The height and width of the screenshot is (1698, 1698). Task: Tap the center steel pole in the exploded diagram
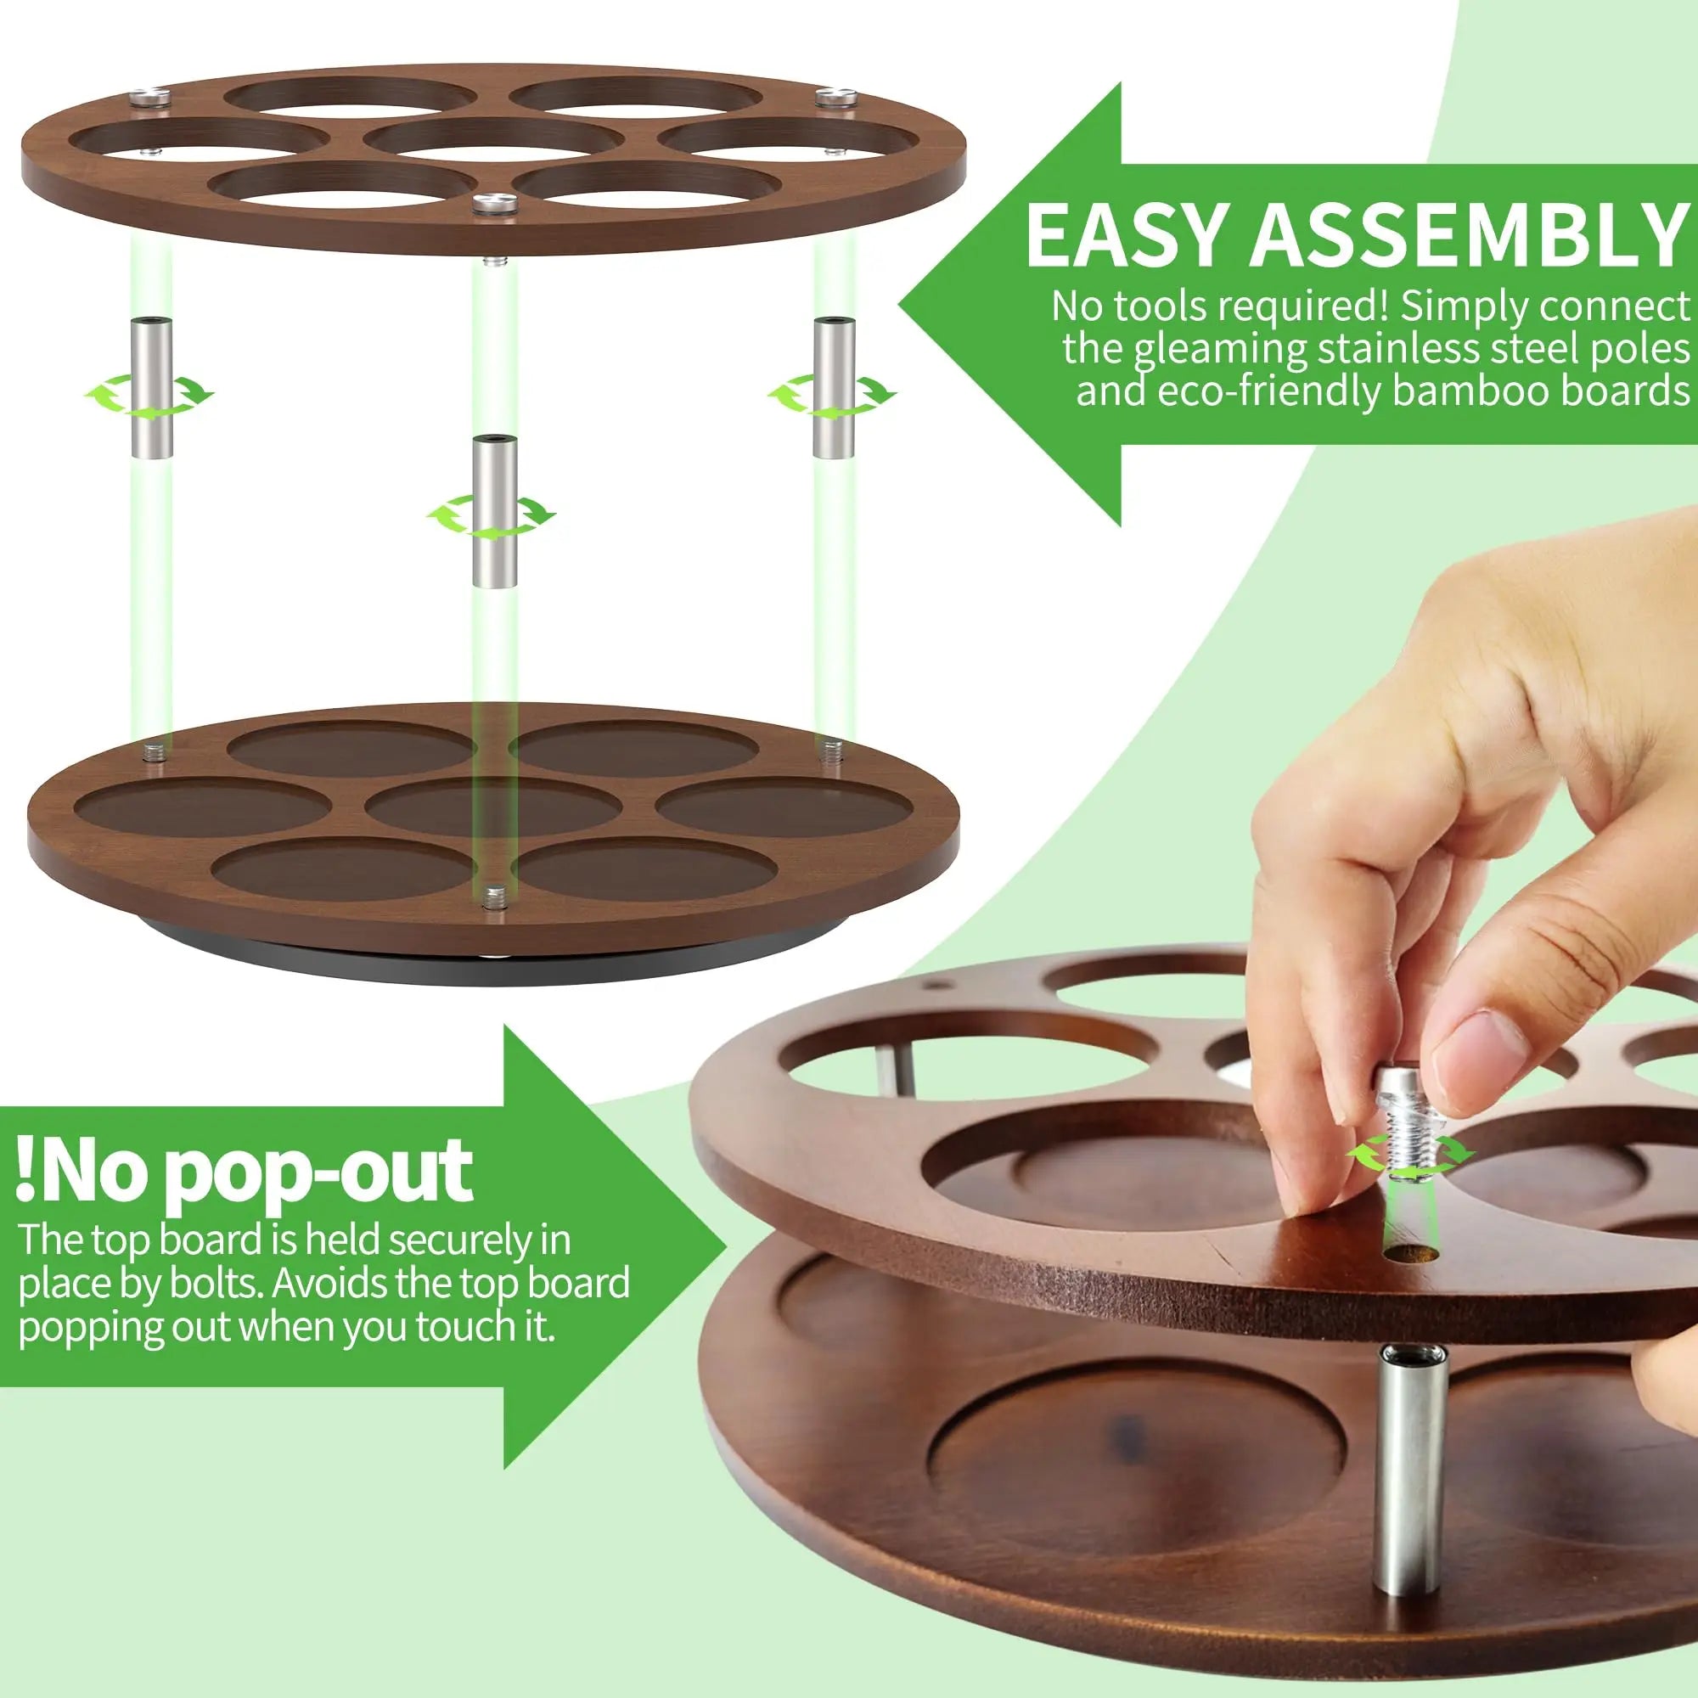[x=495, y=510]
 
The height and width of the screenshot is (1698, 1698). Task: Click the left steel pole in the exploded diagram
[x=153, y=388]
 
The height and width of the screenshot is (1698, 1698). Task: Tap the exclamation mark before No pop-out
[x=28, y=1173]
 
